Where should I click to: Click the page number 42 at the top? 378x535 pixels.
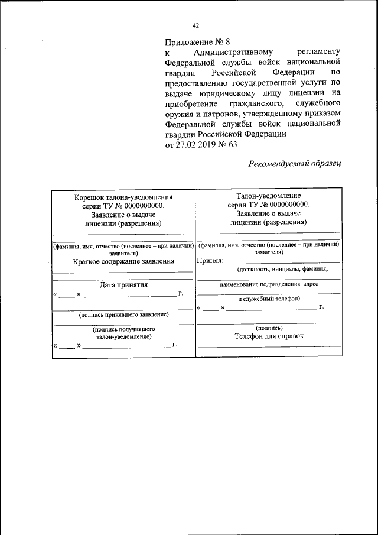coord(196,25)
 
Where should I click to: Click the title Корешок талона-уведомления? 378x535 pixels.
coord(122,197)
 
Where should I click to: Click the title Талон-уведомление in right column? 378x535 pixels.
coord(269,196)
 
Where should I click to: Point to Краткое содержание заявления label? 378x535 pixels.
coord(123,261)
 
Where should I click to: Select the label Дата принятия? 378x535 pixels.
coord(123,284)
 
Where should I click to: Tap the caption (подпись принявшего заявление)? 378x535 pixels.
coord(123,315)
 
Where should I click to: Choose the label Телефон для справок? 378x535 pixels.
coord(269,336)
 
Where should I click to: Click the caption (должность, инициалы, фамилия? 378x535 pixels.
coord(282,270)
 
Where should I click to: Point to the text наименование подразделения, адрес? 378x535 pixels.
coord(269,284)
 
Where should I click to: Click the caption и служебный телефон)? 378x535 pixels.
coord(269,299)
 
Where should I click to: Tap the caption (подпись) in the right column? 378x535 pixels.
coord(269,328)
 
